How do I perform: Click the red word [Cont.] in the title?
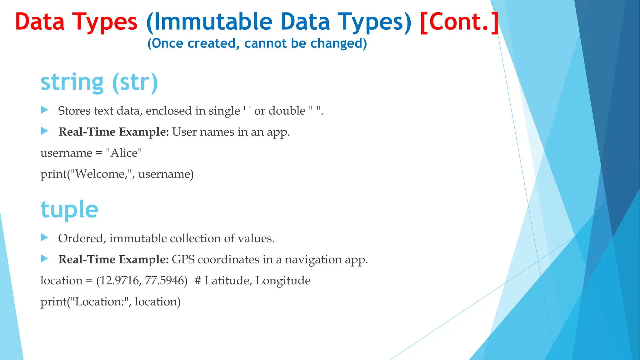[459, 22]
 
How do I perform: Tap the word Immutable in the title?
[213, 22]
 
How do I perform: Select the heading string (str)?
[99, 82]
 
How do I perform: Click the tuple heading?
[69, 209]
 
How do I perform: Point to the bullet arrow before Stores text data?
[45, 110]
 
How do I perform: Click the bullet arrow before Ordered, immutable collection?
[45, 238]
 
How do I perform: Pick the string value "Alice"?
[124, 153]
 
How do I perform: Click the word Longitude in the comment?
[283, 281]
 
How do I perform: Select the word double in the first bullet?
[287, 111]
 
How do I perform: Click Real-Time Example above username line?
[113, 132]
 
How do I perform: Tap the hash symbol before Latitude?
[197, 281]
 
